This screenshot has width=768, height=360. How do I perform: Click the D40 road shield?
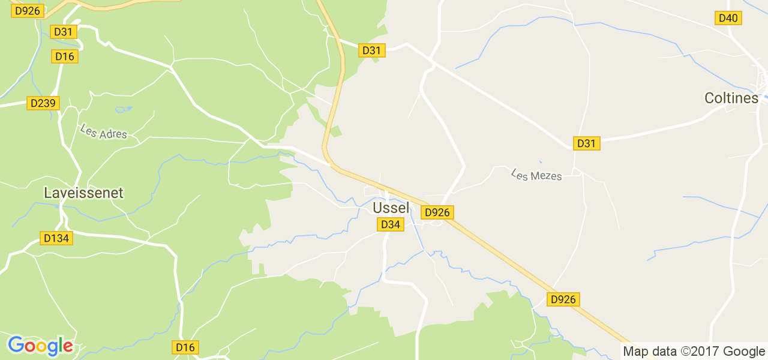[728, 18]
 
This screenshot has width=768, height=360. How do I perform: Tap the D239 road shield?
[43, 103]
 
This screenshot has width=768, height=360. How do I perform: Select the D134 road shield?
[56, 238]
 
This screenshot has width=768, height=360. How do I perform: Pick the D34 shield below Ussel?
[390, 224]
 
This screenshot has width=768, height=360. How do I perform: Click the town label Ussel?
[391, 208]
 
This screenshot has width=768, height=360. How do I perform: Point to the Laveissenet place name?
[83, 193]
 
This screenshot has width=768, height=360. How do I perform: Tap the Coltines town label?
[731, 98]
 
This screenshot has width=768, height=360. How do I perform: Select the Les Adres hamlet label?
[103, 131]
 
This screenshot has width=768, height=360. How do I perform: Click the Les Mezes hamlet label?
[536, 175]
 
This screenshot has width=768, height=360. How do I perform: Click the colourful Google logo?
[40, 346]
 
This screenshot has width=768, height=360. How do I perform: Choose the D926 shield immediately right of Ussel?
[437, 212]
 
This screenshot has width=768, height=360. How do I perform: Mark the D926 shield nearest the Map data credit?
[563, 299]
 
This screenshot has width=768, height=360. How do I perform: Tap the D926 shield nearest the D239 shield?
[28, 11]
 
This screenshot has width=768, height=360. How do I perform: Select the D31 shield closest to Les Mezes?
[586, 143]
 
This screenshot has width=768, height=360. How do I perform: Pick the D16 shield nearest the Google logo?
[185, 347]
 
